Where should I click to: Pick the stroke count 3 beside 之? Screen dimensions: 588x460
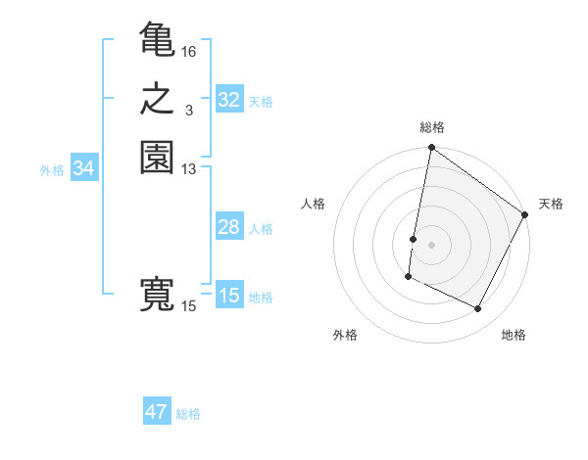(188, 111)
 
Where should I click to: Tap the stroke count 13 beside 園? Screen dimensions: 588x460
(189, 169)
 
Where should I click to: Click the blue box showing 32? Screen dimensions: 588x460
(229, 100)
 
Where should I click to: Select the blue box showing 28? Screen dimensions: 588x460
(229, 227)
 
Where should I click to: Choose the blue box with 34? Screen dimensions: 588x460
(84, 168)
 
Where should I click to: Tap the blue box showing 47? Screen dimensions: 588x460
(157, 412)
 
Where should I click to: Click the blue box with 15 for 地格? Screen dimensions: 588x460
(229, 296)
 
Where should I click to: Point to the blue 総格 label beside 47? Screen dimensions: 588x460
(188, 414)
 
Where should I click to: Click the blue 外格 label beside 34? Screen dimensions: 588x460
(52, 170)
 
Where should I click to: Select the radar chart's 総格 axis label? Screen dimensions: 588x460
(432, 127)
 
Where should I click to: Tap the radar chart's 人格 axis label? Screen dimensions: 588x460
(314, 204)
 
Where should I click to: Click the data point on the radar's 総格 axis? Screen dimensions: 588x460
(431, 149)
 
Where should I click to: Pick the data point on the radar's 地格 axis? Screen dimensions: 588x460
(478, 309)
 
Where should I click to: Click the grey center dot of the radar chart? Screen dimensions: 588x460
(431, 245)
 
